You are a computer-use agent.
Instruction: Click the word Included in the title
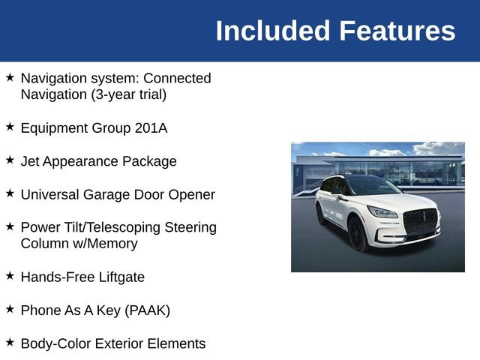pyautogui.click(x=273, y=31)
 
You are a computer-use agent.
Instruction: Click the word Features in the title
pyautogui.click(x=397, y=31)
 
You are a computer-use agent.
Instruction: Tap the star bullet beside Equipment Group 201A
pyautogui.click(x=10, y=127)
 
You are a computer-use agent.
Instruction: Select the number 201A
pyautogui.click(x=151, y=128)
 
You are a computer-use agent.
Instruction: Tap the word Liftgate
pyautogui.click(x=121, y=277)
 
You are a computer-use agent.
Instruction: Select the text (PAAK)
pyautogui.click(x=147, y=310)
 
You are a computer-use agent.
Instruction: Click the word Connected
pyautogui.click(x=177, y=78)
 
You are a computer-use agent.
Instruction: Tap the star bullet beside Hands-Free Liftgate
pyautogui.click(x=10, y=275)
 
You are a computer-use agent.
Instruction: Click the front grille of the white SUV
pyautogui.click(x=420, y=221)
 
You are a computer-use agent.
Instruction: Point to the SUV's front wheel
pyautogui.click(x=357, y=233)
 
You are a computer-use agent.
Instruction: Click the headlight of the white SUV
pyautogui.click(x=382, y=211)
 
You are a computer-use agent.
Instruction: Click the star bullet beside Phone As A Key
pyautogui.click(x=10, y=308)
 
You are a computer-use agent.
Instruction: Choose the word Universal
pyautogui.click(x=50, y=195)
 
